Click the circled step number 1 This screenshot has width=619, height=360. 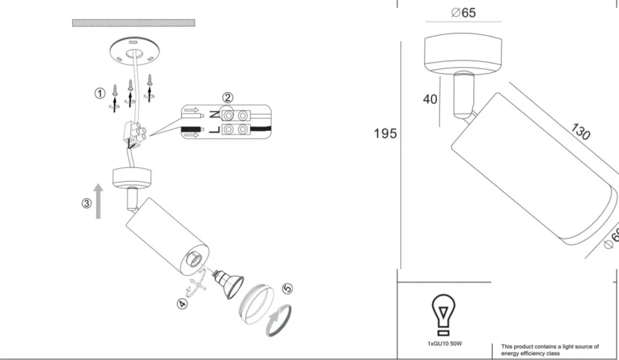click(100, 93)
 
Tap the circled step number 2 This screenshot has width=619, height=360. click(228, 97)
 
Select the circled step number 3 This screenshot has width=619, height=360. click(87, 204)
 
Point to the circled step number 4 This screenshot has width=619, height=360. click(182, 304)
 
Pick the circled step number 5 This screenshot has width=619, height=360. click(288, 288)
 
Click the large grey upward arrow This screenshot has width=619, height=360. click(98, 201)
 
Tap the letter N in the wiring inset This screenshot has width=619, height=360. click(214, 115)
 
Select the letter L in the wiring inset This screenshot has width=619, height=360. click(214, 129)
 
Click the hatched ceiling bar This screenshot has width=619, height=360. click(134, 23)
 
